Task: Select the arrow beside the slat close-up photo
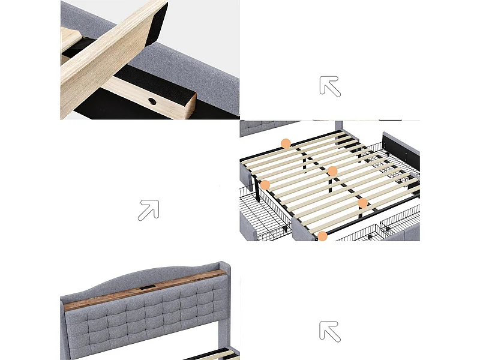click(x=330, y=86)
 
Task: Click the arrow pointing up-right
click(x=148, y=210)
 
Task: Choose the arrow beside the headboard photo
click(x=330, y=331)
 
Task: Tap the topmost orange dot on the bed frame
click(x=286, y=143)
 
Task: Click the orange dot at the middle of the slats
click(x=332, y=171)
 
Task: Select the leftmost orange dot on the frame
click(x=265, y=185)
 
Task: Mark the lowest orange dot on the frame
click(x=323, y=236)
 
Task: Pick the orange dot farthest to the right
click(x=363, y=203)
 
